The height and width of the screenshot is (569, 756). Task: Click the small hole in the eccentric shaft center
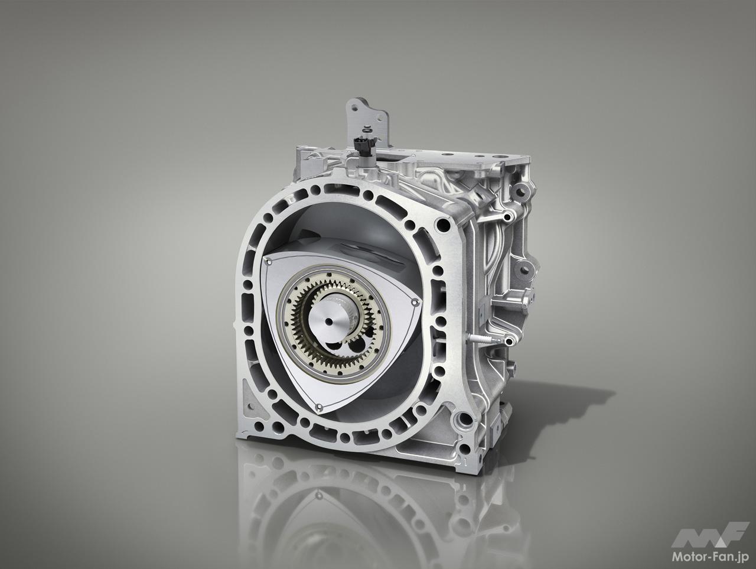pyautogui.click(x=330, y=321)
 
